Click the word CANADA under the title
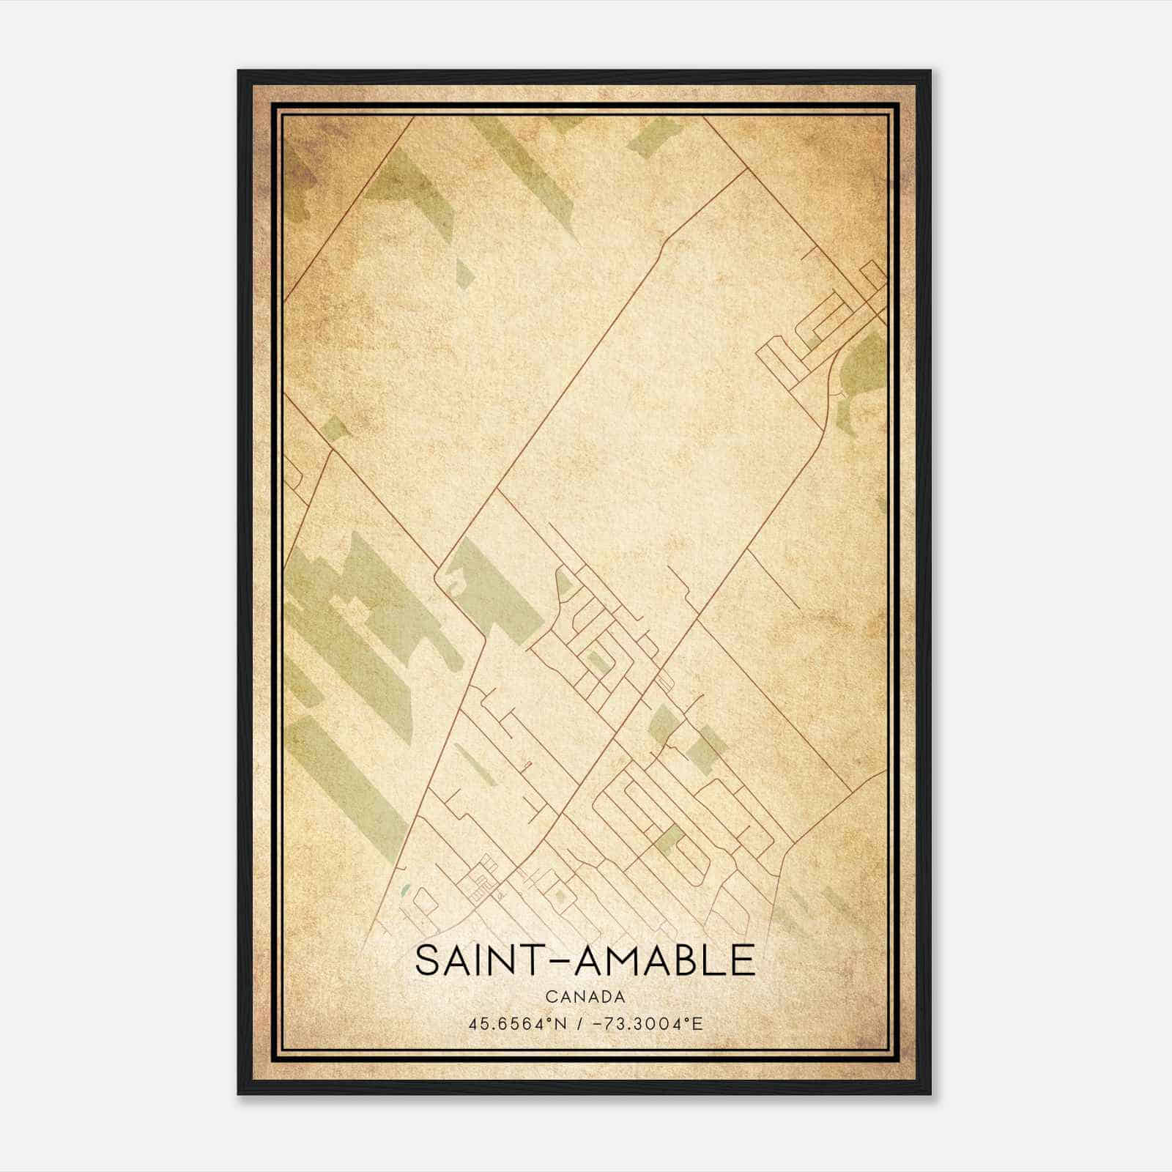(585, 997)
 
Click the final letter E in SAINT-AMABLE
(742, 961)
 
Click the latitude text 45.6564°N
(518, 1023)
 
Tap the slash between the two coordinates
(579, 1023)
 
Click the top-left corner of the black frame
(239, 72)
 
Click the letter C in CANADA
(550, 997)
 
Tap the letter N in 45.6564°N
(561, 1023)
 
